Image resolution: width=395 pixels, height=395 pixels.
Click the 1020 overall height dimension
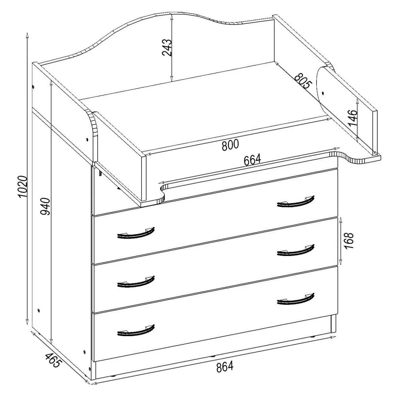(23, 186)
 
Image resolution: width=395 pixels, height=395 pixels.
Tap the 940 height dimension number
(45, 207)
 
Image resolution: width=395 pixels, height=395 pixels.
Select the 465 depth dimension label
(53, 360)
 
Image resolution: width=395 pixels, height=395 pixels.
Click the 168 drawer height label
(348, 241)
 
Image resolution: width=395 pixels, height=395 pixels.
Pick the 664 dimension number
(252, 160)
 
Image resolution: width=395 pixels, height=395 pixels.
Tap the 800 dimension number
(230, 145)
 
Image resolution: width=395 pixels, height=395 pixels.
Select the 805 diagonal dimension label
(303, 81)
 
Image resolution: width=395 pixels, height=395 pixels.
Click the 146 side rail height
(352, 118)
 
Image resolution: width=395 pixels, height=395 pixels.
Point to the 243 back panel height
(167, 47)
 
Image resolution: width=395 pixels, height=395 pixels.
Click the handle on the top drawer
(296, 202)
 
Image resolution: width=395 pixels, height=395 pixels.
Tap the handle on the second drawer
(136, 233)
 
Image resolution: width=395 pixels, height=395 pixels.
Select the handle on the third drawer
(296, 250)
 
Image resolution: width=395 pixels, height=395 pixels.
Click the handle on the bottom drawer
(296, 299)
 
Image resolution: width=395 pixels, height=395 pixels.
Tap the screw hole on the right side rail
(323, 93)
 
